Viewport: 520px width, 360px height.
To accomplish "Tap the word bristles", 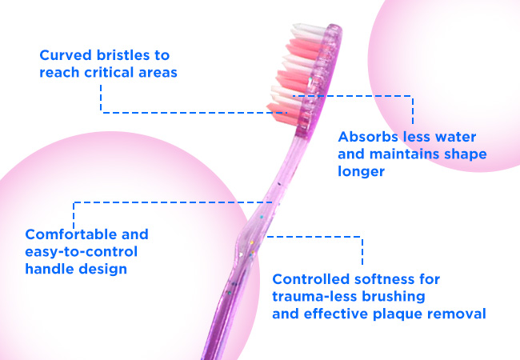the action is pos(123,55).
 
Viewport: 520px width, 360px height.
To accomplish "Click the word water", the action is pos(455,137).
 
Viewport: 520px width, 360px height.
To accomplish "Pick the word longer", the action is pos(361,172).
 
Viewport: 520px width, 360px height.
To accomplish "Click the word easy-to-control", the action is pos(82,252).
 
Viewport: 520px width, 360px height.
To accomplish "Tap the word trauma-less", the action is pos(314,296).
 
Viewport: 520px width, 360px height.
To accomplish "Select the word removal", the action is pos(456,314).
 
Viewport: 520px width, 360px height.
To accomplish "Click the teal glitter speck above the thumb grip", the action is pos(262,217).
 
